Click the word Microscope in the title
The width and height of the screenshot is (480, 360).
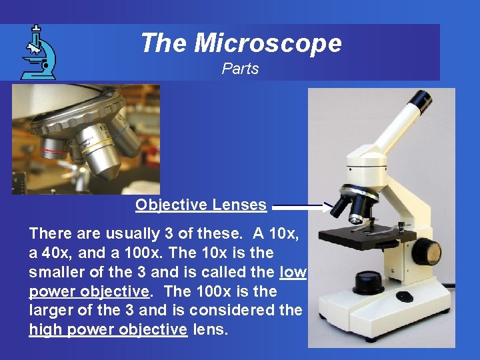tap(268, 44)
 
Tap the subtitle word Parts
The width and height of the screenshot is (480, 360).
tap(240, 69)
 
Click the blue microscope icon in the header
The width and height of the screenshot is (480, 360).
tap(37, 52)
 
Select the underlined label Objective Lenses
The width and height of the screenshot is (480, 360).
tap(201, 205)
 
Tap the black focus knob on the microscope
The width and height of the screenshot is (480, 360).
tap(427, 251)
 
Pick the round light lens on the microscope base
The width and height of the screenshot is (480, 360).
tap(368, 282)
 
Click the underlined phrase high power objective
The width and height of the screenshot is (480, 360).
tap(108, 329)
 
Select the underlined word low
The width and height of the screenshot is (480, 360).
tap(293, 272)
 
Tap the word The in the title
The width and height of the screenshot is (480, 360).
tap(164, 44)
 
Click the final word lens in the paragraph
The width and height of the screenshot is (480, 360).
tap(210, 329)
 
